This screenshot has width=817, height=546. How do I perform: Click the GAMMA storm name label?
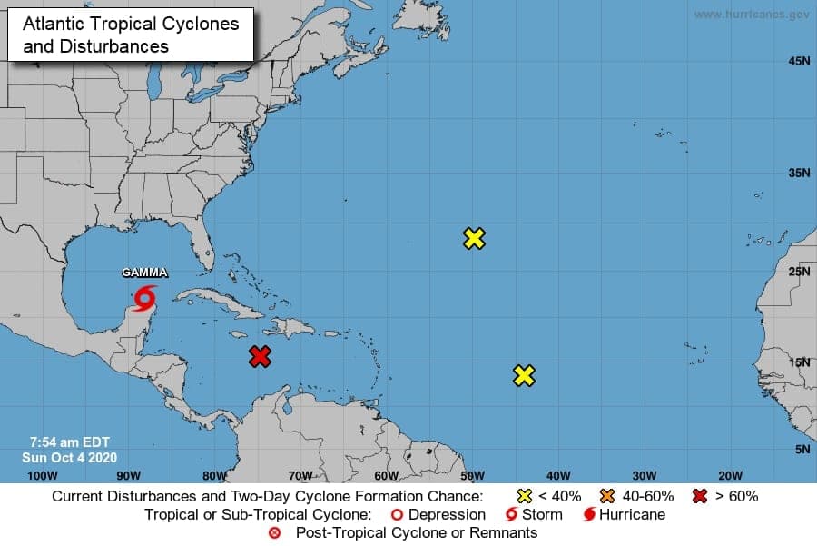145,273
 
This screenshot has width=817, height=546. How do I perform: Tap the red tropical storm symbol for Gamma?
145,298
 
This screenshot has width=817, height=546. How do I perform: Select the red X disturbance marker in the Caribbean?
261,356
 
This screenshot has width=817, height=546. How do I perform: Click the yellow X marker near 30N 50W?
474,239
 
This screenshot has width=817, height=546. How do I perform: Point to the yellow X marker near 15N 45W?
524,375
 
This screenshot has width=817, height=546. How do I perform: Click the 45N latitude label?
799,62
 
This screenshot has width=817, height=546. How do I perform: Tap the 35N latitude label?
799,172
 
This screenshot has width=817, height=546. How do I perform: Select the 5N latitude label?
802,449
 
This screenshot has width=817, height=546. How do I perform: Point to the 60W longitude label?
386,475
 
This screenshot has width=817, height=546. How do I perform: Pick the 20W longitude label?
730,475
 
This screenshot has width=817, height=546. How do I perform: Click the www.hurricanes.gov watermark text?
752,15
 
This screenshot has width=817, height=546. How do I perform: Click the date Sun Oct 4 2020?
69,457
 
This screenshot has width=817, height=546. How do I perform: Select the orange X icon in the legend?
606,496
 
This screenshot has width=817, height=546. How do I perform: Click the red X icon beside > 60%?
700,496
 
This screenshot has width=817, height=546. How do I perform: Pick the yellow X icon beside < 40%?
524,496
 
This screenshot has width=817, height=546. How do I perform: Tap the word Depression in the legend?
447,514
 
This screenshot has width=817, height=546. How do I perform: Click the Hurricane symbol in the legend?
589,514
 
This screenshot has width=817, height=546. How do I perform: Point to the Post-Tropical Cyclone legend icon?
275,532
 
